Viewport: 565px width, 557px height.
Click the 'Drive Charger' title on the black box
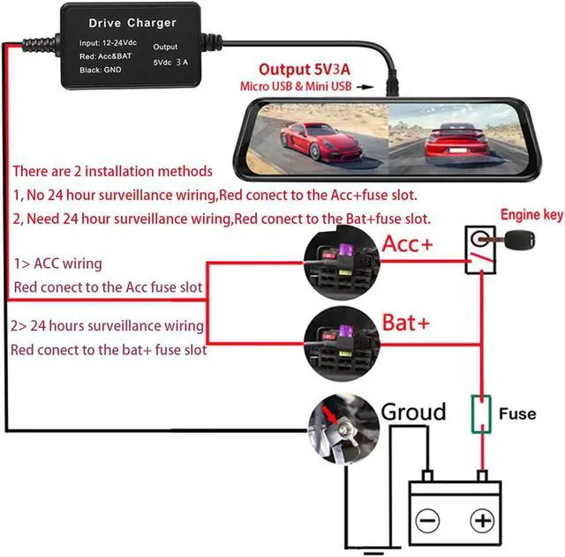point(132,23)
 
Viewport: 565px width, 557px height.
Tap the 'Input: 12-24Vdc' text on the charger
point(108,43)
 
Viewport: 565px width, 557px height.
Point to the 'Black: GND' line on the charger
point(100,70)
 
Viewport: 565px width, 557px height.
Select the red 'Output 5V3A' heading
point(305,70)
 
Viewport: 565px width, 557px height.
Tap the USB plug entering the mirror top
point(392,84)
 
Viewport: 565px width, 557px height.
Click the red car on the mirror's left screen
point(320,142)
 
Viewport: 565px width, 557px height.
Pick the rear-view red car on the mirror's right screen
point(456,143)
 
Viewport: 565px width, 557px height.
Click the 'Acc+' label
point(407,243)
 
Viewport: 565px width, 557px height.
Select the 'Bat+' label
point(406,323)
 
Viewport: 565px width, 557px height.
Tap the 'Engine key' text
point(531,215)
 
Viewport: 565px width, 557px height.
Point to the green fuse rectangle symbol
point(481,414)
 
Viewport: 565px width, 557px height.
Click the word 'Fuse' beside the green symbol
point(517,414)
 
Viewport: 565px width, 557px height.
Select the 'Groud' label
point(413,412)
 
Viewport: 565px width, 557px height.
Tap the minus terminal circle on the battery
point(427,521)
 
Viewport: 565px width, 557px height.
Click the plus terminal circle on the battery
point(482,521)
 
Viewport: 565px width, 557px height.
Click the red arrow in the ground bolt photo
point(329,414)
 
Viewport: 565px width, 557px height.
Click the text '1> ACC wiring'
point(57,264)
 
